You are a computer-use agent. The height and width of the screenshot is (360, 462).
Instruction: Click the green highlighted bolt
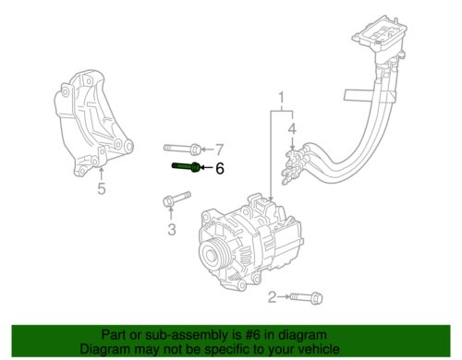point(187,167)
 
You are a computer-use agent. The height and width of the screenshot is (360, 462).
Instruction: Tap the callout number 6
point(220,168)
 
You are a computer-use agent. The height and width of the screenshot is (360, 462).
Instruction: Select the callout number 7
point(220,148)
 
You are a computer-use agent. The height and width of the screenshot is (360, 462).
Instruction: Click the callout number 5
point(102,191)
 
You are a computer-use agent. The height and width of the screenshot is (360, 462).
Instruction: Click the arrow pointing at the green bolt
point(207,168)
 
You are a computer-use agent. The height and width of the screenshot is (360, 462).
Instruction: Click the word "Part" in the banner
point(112,336)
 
